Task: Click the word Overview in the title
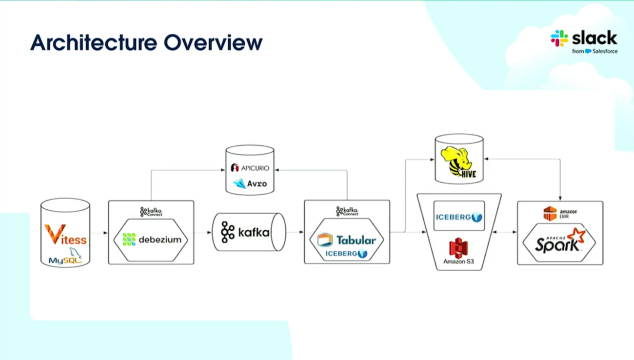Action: tap(213, 43)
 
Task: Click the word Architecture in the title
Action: tap(94, 43)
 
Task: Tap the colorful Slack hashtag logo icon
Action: tap(559, 38)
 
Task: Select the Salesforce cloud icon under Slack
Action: tap(588, 51)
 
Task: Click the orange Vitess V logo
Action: tap(55, 234)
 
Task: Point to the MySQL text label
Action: tap(65, 260)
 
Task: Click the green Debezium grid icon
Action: tap(129, 240)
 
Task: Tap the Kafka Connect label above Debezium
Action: tap(151, 212)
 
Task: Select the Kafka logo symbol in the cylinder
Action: tap(228, 232)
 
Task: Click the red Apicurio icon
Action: tap(235, 167)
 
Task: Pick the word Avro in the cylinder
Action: tap(257, 184)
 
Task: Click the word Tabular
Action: tap(356, 240)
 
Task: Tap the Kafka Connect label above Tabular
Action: tap(347, 211)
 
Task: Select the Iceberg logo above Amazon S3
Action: tap(459, 217)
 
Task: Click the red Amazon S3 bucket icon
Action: tap(458, 248)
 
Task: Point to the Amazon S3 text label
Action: tap(458, 261)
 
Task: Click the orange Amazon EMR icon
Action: tap(550, 213)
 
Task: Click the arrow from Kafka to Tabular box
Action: tap(295, 232)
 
